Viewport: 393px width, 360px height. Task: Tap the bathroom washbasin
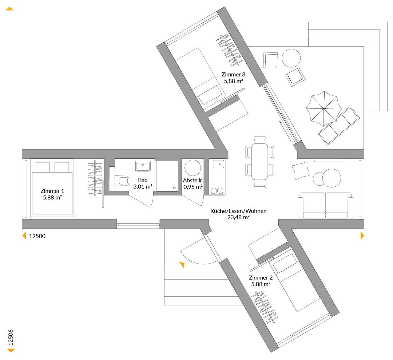(143, 166)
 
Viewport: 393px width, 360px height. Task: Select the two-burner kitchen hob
(217, 191)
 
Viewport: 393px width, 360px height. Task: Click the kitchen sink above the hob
(219, 164)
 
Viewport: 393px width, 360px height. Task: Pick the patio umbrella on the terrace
(324, 108)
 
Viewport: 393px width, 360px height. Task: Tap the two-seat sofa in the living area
(326, 205)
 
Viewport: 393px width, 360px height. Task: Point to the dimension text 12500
(37, 236)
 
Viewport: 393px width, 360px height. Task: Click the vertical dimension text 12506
(11, 337)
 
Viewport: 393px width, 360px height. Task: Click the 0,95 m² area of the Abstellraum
(193, 187)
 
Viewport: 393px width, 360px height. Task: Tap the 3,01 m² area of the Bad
(143, 186)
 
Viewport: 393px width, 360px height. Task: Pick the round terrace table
(291, 58)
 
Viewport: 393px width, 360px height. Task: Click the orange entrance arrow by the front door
(182, 265)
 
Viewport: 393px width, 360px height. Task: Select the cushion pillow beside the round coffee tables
(300, 170)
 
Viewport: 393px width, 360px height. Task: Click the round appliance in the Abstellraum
(193, 168)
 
